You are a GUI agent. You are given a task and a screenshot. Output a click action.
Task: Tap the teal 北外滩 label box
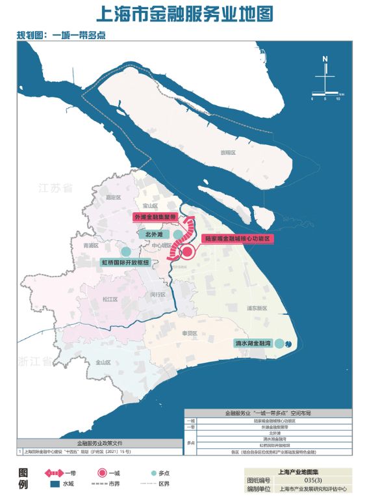point(153,234)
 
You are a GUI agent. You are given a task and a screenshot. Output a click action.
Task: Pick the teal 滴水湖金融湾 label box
point(252,342)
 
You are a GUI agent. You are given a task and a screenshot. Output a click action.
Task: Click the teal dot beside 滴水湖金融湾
point(279,344)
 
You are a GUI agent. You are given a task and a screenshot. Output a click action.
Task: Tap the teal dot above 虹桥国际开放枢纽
point(125,251)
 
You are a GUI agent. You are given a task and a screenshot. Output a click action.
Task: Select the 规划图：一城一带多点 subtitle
point(62,35)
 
